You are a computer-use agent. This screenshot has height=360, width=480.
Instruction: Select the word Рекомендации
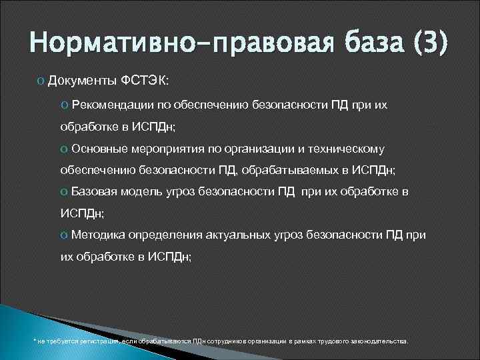pos(109,105)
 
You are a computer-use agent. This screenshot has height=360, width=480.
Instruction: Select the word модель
pos(139,191)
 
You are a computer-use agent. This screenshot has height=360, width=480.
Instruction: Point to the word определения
pos(166,235)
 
